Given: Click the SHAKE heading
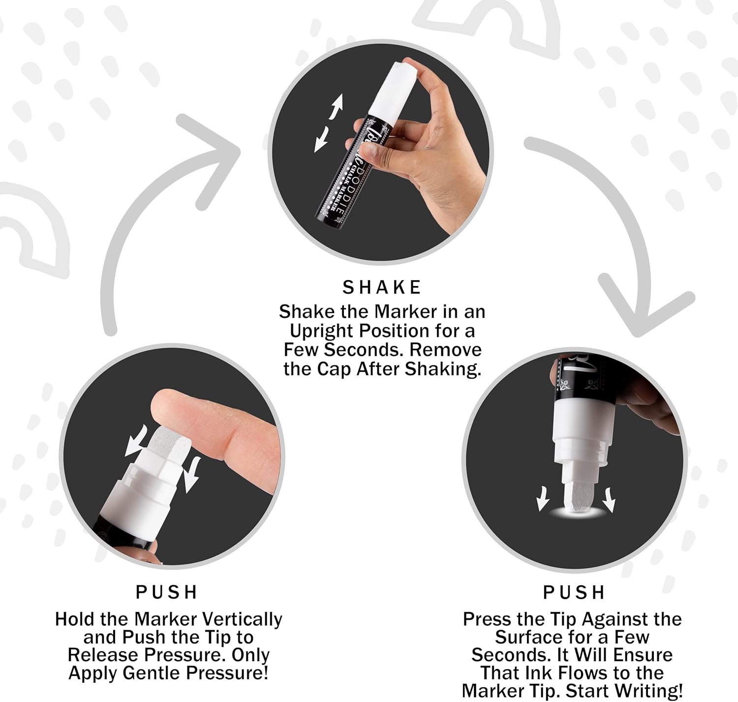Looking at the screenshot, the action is tap(381, 287).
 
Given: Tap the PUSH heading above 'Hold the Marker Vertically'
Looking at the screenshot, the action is tap(166, 592).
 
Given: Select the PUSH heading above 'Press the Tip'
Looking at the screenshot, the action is tap(573, 593).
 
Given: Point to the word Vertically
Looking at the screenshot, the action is tap(242, 619).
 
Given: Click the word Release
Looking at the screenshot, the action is tap(103, 655).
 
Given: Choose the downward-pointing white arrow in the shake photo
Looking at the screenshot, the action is tap(322, 139).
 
